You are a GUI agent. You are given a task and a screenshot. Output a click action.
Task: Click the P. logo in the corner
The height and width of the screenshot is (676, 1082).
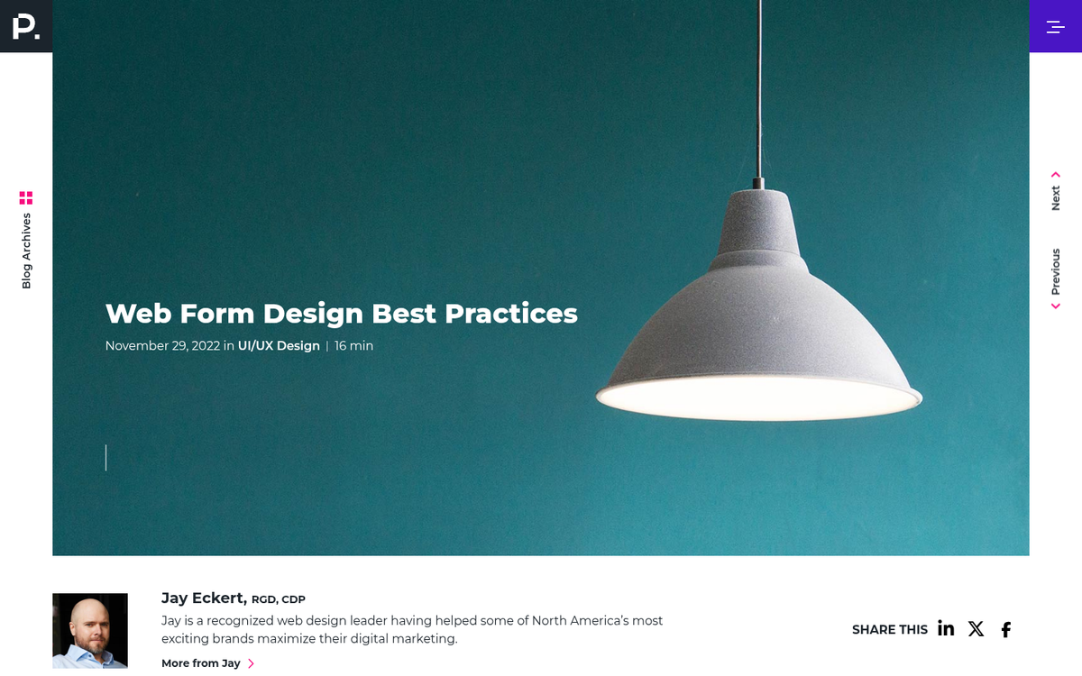[x=26, y=26]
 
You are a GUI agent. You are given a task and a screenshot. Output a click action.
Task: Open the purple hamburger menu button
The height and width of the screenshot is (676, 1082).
[x=1055, y=26]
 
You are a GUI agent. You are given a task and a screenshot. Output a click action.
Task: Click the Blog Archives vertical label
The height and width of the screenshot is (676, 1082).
[x=26, y=251]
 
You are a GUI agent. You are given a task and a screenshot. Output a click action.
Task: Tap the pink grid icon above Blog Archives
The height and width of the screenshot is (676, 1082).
[x=26, y=197]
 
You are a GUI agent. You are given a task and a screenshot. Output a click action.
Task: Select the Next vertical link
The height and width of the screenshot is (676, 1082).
[x=1056, y=197]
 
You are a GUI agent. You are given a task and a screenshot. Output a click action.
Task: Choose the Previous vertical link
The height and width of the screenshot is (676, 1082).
[x=1056, y=271]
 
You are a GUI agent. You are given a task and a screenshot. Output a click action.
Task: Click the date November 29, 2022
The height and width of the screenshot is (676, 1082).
[x=162, y=346]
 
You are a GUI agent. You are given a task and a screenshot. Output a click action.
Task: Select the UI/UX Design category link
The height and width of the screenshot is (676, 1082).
[x=279, y=346]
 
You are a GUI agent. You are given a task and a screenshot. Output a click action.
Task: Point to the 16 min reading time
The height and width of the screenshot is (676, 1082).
[x=353, y=346]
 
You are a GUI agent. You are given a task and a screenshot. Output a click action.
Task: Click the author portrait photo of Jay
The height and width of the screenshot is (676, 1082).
[x=90, y=630]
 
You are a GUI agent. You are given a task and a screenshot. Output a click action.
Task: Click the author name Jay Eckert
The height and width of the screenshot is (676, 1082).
[x=203, y=598]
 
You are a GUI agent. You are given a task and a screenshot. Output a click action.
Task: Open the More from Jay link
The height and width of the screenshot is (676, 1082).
[x=201, y=663]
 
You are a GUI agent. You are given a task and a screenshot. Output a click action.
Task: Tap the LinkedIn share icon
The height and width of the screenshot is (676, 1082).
[x=946, y=629]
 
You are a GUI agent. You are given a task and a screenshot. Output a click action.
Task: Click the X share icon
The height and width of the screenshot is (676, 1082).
[x=976, y=629]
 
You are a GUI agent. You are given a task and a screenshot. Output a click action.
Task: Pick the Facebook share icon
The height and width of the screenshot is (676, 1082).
[x=1006, y=630]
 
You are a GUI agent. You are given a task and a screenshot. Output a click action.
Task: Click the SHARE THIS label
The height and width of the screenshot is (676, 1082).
[x=889, y=630]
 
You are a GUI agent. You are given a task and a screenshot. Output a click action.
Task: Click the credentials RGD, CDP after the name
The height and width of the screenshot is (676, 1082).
[x=279, y=599]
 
